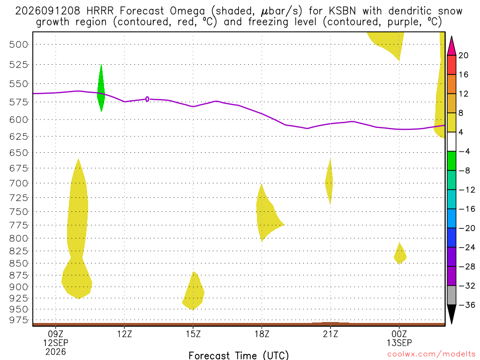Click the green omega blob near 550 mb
[x=101, y=89]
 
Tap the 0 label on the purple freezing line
[x=147, y=99]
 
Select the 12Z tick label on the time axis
[x=124, y=334]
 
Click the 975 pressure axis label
[x=19, y=320]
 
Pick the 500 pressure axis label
[x=19, y=45]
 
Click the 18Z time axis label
[x=262, y=334]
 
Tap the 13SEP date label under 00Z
[x=399, y=343]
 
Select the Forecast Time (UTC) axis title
[x=239, y=355]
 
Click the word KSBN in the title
[x=342, y=11]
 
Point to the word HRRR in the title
[x=100, y=11]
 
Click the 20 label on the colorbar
[x=463, y=55]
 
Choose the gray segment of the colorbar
[x=451, y=295]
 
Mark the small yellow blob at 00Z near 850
[x=399, y=254]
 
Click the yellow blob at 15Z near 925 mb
[x=194, y=291]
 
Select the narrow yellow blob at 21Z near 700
[x=329, y=182]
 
